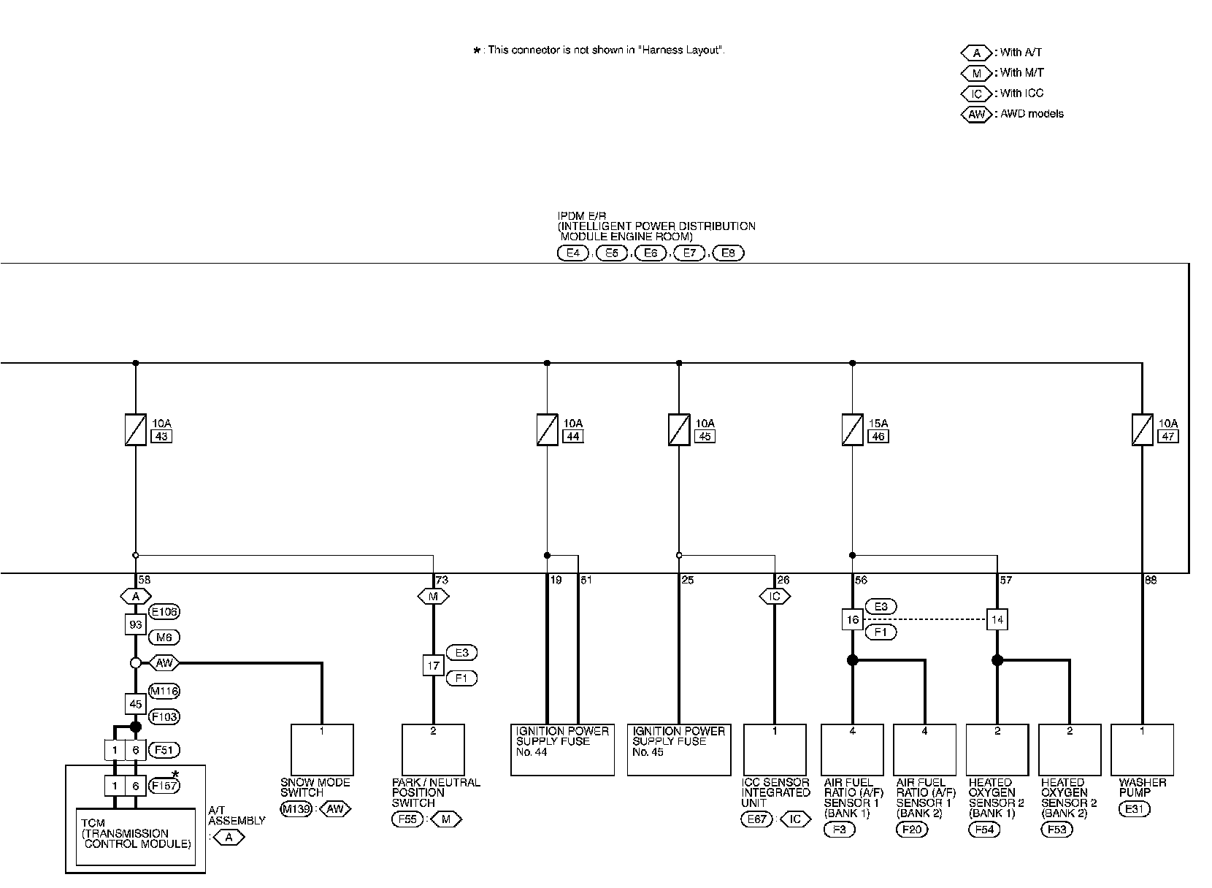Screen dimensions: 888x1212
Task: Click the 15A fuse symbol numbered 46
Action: (x=852, y=429)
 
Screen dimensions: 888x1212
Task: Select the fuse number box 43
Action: (x=161, y=437)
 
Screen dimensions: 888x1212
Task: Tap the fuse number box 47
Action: (x=1167, y=437)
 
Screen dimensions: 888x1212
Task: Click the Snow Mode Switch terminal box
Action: (x=322, y=749)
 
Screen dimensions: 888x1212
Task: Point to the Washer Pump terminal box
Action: (x=1142, y=749)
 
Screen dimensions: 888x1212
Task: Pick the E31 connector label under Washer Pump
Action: (x=1132, y=808)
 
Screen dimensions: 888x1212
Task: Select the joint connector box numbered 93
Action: (x=135, y=624)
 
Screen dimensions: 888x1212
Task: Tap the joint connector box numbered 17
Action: (x=433, y=665)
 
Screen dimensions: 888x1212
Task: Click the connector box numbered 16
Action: (x=852, y=620)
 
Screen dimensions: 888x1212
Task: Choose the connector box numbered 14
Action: (x=997, y=620)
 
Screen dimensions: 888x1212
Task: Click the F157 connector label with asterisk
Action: (x=164, y=786)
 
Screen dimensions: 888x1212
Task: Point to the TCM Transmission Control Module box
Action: (x=136, y=836)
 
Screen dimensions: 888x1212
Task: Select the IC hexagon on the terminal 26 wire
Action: (x=775, y=597)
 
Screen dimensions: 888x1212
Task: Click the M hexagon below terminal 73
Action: (x=433, y=597)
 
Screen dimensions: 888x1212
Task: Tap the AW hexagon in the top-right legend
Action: (x=976, y=114)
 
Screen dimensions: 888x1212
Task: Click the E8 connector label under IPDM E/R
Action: (x=728, y=253)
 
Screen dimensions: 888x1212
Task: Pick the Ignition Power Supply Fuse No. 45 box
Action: (x=678, y=749)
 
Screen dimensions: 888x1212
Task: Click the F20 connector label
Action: (x=912, y=829)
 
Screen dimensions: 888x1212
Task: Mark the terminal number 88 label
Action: (x=1151, y=581)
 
